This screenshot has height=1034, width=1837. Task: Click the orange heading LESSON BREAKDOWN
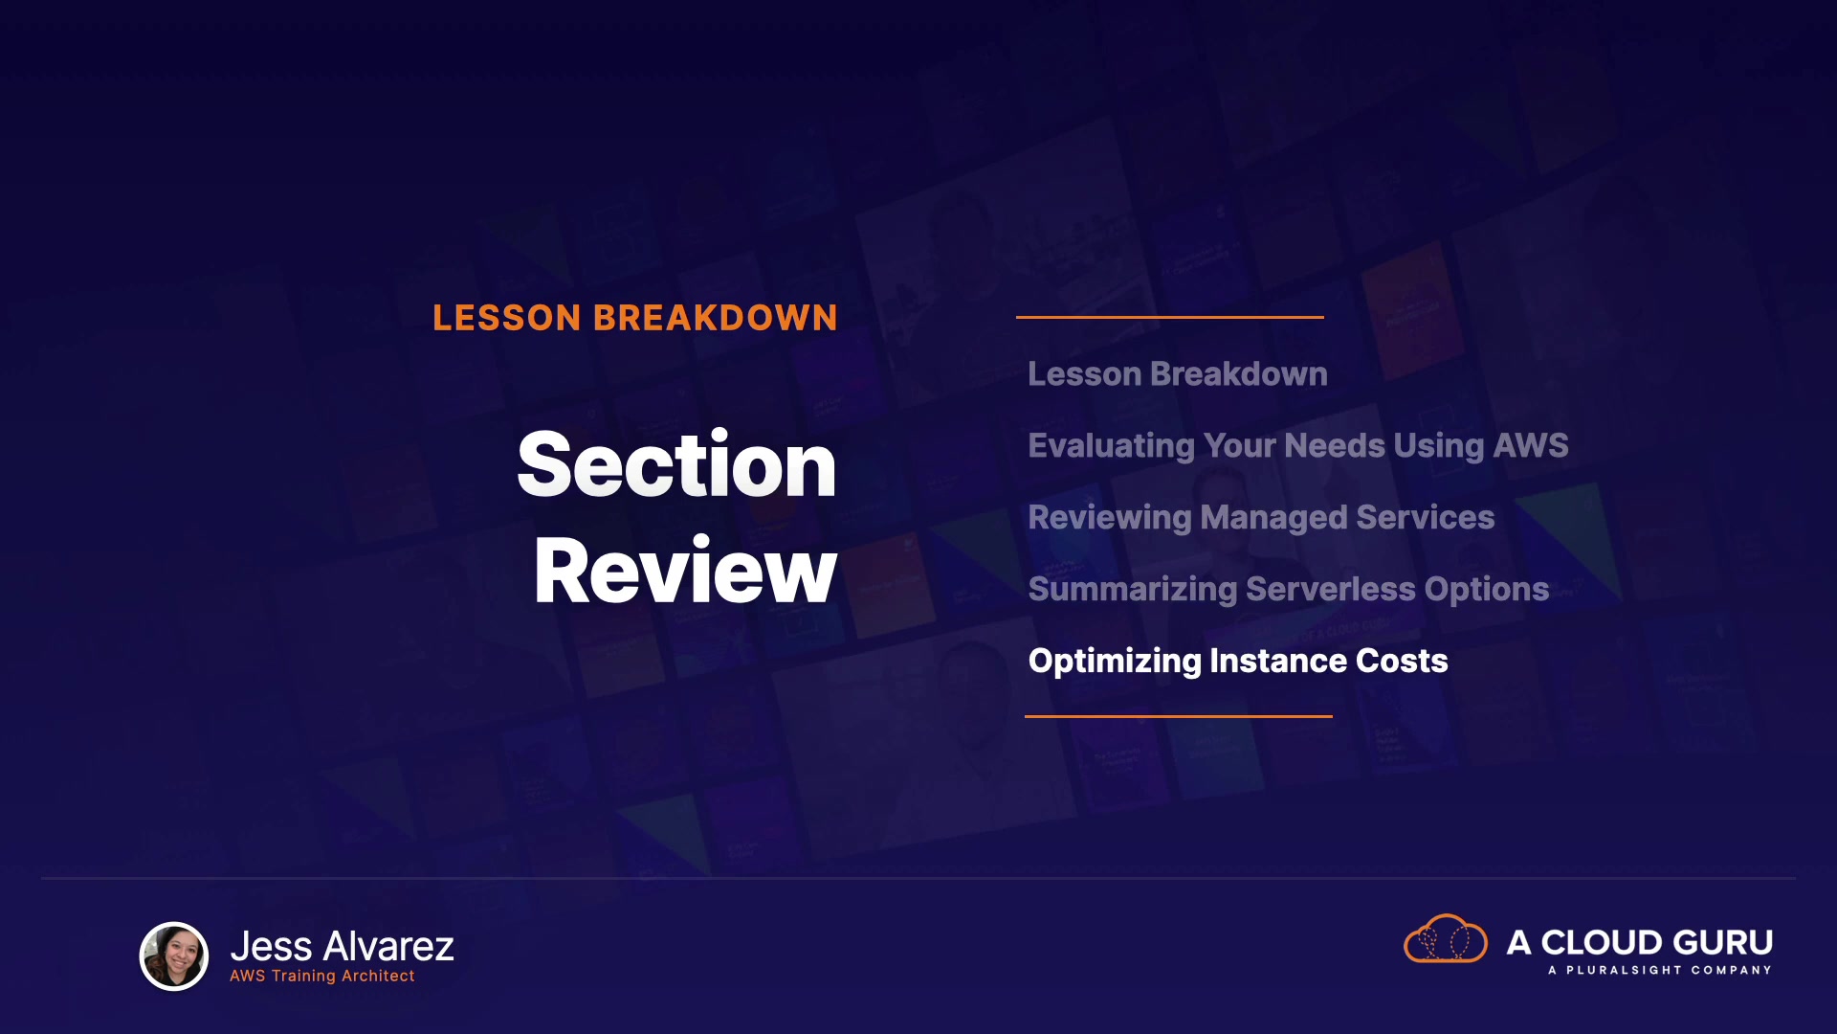click(635, 318)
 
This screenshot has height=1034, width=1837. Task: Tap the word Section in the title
click(677, 464)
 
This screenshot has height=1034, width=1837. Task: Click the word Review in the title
click(685, 571)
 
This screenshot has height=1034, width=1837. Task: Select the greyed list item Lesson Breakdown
click(1178, 373)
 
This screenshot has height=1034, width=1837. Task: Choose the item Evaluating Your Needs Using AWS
click(1298, 446)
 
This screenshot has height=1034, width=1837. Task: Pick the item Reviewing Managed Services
click(1261, 518)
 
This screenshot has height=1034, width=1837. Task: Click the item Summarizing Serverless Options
click(1289, 590)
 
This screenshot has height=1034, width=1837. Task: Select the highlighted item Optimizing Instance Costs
click(1238, 662)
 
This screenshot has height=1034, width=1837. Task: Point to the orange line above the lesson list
click(1170, 317)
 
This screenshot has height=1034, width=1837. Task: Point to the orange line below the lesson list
click(1179, 716)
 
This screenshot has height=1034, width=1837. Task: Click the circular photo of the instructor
click(174, 955)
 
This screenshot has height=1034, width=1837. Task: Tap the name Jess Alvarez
click(343, 946)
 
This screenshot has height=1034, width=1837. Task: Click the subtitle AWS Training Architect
click(322, 976)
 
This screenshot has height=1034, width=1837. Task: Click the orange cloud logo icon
click(1446, 938)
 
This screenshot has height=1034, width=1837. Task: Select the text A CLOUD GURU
click(1640, 942)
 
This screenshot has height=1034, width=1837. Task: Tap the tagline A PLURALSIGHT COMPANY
click(1660, 970)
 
